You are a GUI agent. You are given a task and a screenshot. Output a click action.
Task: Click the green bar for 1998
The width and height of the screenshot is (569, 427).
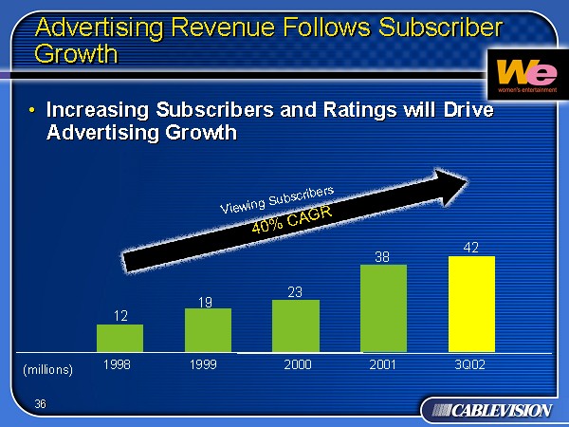pyautogui.click(x=119, y=339)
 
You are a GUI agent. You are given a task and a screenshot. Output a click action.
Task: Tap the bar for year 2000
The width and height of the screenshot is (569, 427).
pyautogui.click(x=296, y=326)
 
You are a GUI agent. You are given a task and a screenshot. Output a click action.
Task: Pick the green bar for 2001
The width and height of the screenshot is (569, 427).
pyautogui.click(x=383, y=308)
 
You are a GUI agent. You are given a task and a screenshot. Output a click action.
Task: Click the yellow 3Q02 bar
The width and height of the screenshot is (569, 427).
pyautogui.click(x=471, y=304)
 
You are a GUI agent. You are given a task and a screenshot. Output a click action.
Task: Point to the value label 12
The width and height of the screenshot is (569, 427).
pyautogui.click(x=120, y=315)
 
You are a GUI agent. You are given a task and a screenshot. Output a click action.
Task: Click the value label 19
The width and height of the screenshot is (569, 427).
pyautogui.click(x=205, y=302)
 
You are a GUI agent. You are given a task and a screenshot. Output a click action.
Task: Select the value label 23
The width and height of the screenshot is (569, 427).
pyautogui.click(x=295, y=292)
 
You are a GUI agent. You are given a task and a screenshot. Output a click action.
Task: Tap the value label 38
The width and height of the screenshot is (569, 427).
pyautogui.click(x=382, y=256)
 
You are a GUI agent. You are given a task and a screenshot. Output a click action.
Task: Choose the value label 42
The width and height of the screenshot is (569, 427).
pyautogui.click(x=470, y=247)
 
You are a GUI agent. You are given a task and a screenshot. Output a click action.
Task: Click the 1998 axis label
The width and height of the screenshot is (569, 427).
pyautogui.click(x=118, y=364)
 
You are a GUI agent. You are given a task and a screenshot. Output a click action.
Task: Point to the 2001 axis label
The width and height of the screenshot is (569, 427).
pyautogui.click(x=382, y=364)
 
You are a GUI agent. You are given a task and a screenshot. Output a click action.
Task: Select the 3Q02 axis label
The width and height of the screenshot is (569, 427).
pyautogui.click(x=470, y=364)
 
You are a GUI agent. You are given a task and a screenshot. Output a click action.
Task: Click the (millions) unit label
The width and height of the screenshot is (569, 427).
pyautogui.click(x=47, y=369)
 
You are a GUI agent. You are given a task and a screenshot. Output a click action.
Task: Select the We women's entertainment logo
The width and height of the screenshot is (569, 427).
pyautogui.click(x=518, y=73)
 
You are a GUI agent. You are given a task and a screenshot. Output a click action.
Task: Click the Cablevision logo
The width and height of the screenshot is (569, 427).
pyautogui.click(x=486, y=410)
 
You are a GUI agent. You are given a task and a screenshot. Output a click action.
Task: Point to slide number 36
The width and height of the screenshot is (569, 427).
pyautogui.click(x=40, y=404)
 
